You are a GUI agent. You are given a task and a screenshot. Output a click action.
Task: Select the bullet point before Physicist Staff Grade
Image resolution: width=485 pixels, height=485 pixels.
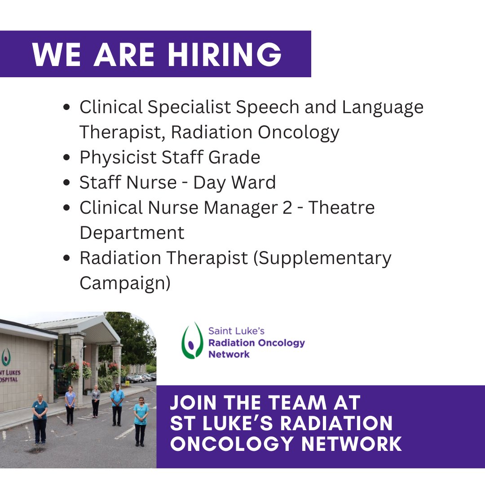[66, 158]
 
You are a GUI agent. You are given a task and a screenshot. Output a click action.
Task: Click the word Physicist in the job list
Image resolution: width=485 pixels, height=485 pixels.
[118, 158]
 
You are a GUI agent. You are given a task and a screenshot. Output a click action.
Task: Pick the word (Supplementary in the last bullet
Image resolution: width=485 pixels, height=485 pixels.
[322, 259]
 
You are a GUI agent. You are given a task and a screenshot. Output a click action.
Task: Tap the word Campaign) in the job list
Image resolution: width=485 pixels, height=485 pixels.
[125, 283]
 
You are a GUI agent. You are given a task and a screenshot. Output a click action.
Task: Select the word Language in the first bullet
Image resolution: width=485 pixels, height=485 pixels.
[382, 108]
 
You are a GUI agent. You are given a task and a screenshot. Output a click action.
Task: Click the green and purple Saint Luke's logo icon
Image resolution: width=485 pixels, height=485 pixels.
[192, 340]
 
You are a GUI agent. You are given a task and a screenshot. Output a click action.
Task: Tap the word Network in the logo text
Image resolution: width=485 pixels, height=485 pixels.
[229, 354]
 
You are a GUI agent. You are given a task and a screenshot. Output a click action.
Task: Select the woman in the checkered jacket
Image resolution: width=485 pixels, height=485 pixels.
[96, 399]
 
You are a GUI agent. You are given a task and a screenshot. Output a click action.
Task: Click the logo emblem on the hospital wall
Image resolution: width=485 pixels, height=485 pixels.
[5, 357]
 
